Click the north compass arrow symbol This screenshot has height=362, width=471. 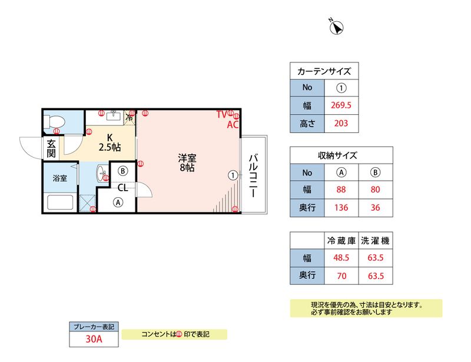click(x=336, y=27)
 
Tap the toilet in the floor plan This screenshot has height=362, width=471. click(x=54, y=122)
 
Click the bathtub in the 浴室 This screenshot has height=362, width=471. click(x=61, y=203)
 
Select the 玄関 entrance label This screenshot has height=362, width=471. click(x=51, y=148)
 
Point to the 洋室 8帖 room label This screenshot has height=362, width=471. click(x=187, y=162)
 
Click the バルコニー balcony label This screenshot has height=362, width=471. click(x=253, y=175)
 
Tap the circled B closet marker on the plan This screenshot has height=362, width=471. click(x=122, y=171)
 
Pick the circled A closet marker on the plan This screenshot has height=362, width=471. click(x=118, y=202)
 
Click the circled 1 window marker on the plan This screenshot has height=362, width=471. click(x=233, y=175)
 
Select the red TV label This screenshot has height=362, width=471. click(x=222, y=114)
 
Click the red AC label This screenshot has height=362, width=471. click(x=233, y=124)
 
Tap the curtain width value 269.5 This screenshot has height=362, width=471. click(x=341, y=105)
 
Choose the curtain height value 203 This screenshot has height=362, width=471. click(x=341, y=123)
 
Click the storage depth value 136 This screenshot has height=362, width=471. click(x=341, y=207)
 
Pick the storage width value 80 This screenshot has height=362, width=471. click(x=375, y=190)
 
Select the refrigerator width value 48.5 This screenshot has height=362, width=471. click(x=341, y=257)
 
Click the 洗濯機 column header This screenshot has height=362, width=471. click(x=375, y=241)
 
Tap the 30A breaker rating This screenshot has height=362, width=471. click(x=94, y=339)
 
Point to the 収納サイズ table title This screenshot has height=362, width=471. click(x=337, y=155)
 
